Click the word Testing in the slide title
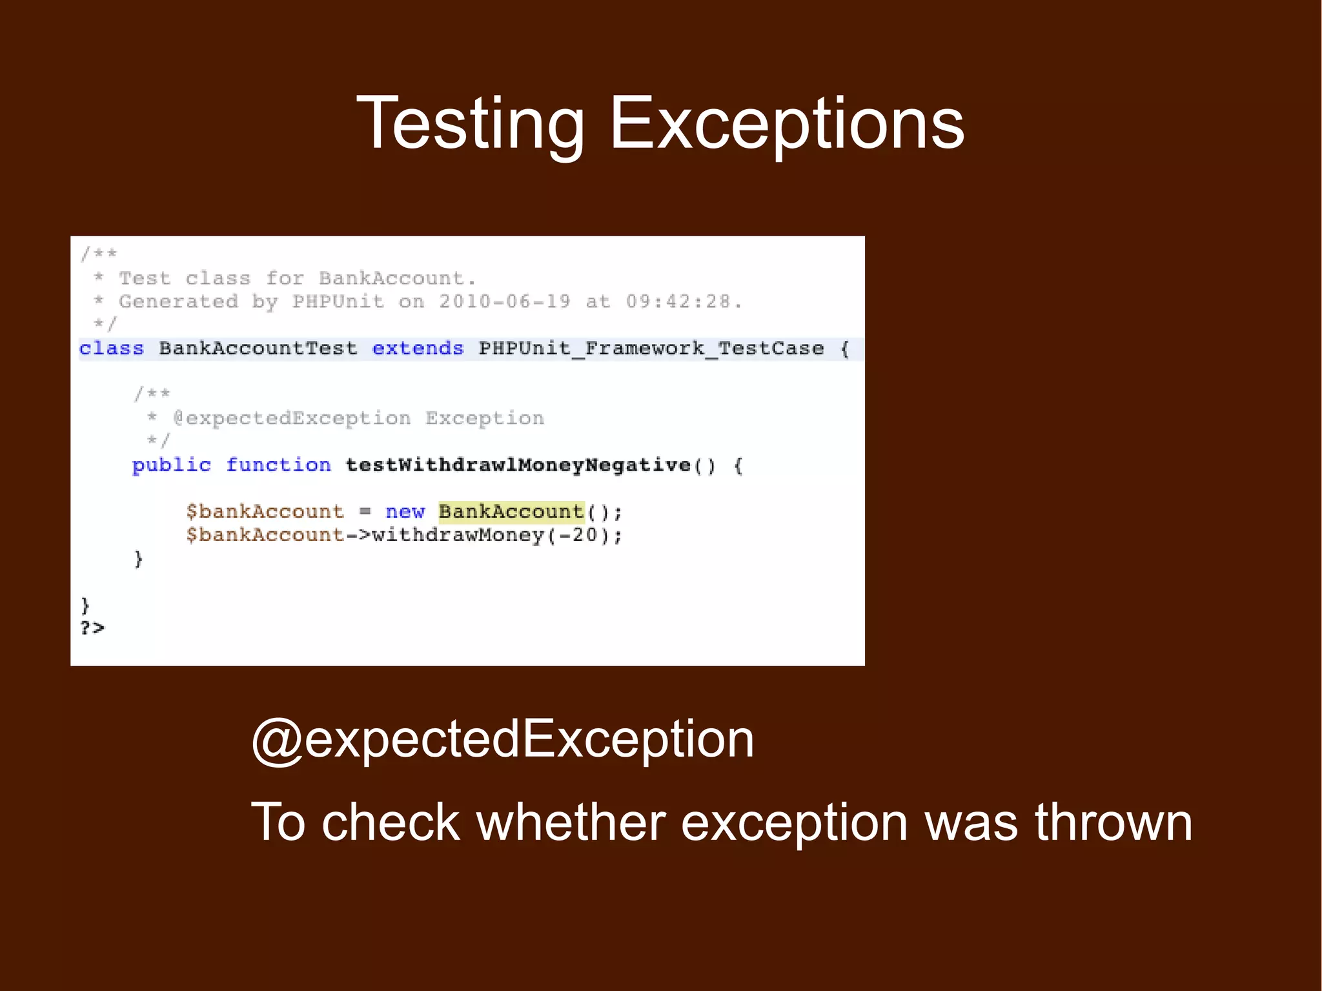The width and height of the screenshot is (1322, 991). [x=471, y=125]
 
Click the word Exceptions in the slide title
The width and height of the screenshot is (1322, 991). [x=786, y=125]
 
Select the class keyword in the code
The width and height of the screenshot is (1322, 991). [x=111, y=349]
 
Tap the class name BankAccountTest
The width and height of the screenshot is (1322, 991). [x=258, y=349]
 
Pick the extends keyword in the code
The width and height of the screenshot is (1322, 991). [x=418, y=349]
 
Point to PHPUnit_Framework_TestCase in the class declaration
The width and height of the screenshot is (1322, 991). [x=651, y=349]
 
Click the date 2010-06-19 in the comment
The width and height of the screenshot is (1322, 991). [x=505, y=301]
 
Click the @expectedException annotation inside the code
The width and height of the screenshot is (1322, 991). [x=292, y=418]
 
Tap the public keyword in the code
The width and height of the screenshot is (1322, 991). [x=172, y=465]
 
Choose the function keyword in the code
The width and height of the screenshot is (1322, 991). [x=278, y=465]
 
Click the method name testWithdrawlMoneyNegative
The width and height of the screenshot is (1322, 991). [x=518, y=465]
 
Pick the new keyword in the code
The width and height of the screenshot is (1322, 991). [x=405, y=512]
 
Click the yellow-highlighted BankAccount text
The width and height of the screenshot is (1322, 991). [x=511, y=512]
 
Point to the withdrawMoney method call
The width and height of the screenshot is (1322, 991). [x=458, y=535]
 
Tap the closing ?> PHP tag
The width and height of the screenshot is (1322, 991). [x=92, y=628]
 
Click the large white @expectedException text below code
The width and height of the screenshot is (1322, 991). [x=503, y=740]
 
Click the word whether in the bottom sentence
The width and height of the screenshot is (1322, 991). [x=571, y=822]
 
